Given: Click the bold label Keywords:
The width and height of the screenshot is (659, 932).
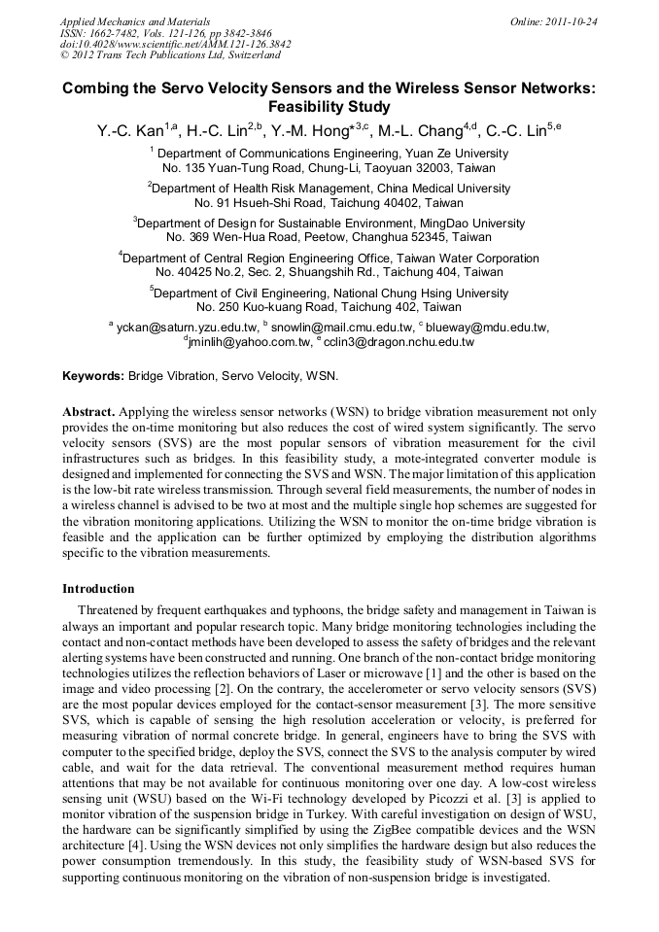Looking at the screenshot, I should pos(93,375).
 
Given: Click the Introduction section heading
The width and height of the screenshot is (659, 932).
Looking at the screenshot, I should pos(98,589).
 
